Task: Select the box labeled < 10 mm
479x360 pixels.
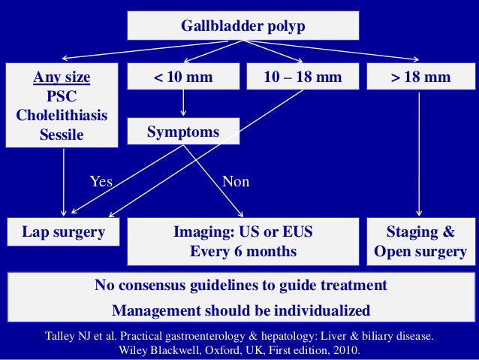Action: coord(184,77)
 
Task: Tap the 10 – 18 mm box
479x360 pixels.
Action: coord(303,77)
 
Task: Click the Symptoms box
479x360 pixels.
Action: coord(183,132)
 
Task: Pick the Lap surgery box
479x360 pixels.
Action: coord(63,232)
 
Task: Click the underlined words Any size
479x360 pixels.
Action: coord(63,77)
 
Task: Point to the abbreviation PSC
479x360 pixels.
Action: coord(63,97)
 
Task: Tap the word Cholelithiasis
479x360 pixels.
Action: coord(63,116)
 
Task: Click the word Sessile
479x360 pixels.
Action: coord(63,136)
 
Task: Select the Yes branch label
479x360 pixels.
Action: coord(101,182)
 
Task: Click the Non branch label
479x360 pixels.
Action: coord(236,182)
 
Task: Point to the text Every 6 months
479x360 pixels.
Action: coord(243,252)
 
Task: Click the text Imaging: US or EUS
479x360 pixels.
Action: coord(243,232)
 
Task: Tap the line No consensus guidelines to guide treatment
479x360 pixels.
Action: coord(240,286)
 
